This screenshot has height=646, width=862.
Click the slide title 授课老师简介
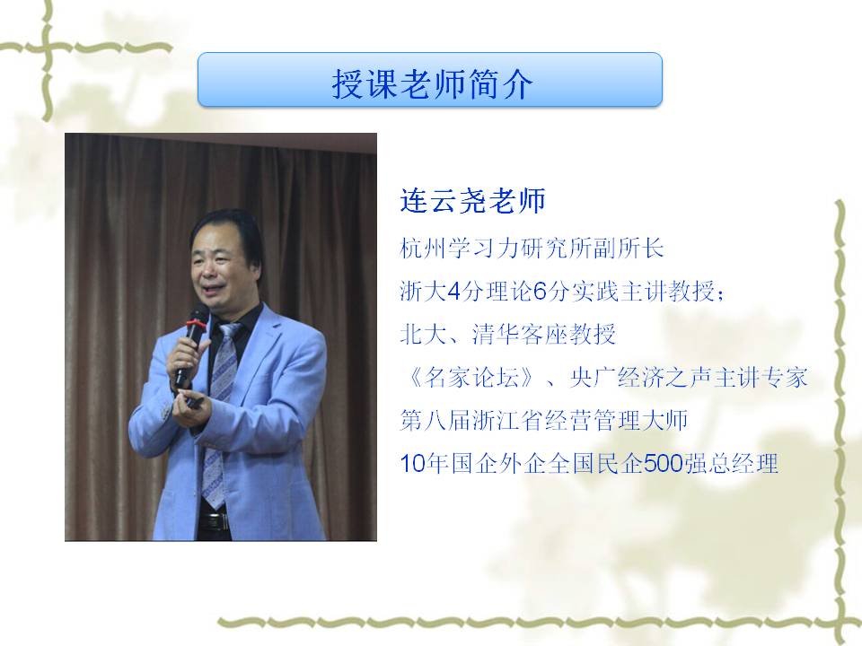click(x=432, y=83)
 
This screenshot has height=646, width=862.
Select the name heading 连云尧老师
click(x=473, y=200)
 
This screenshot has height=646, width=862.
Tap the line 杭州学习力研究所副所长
click(x=532, y=249)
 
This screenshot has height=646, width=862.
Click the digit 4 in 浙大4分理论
click(x=454, y=291)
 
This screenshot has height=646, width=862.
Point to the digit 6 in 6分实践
click(x=540, y=291)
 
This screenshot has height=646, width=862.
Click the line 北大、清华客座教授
click(x=508, y=334)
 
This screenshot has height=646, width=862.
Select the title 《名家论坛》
click(x=470, y=378)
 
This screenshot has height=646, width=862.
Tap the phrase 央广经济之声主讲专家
click(x=689, y=378)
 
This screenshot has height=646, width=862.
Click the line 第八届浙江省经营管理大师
click(x=544, y=420)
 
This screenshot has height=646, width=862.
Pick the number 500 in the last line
click(x=663, y=464)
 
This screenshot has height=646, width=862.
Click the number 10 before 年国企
click(x=413, y=464)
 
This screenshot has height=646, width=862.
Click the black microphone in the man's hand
click(x=190, y=344)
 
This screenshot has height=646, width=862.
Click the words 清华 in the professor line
click(x=496, y=334)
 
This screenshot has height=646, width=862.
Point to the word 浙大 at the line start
click(x=423, y=291)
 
